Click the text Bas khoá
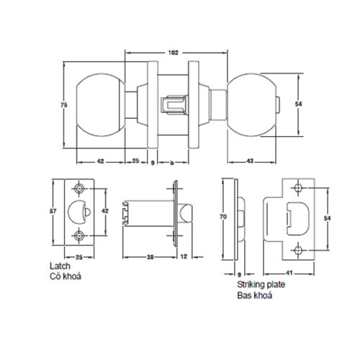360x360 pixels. [x=251, y=295]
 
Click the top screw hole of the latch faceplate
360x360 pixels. [x=78, y=189]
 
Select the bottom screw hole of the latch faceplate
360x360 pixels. [x=78, y=235]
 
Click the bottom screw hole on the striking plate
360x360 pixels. [x=298, y=249]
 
